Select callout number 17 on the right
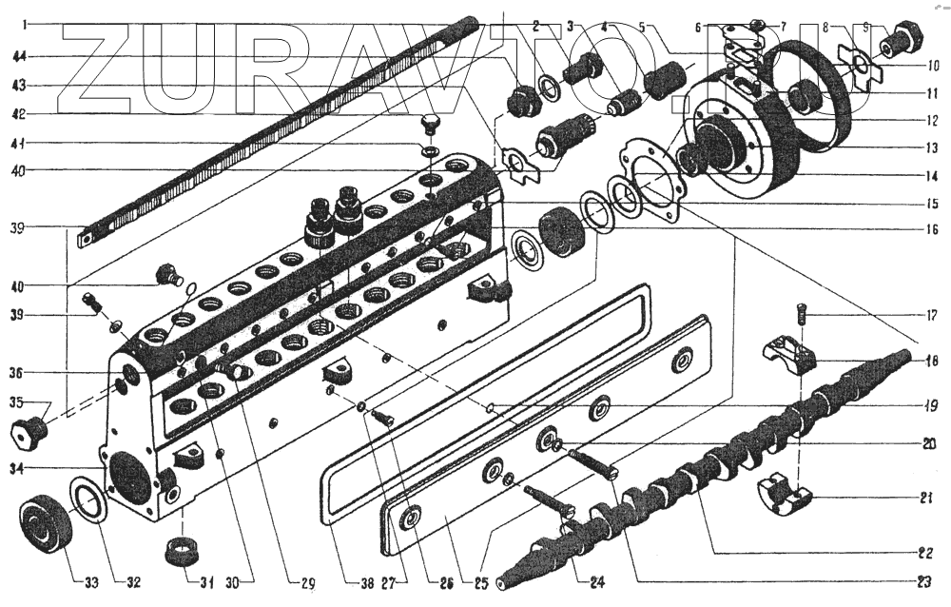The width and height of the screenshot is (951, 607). tap(931, 315)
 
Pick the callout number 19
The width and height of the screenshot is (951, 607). tap(931, 405)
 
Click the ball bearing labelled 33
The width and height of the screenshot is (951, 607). tap(43, 525)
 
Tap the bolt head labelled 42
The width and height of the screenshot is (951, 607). tap(430, 125)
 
